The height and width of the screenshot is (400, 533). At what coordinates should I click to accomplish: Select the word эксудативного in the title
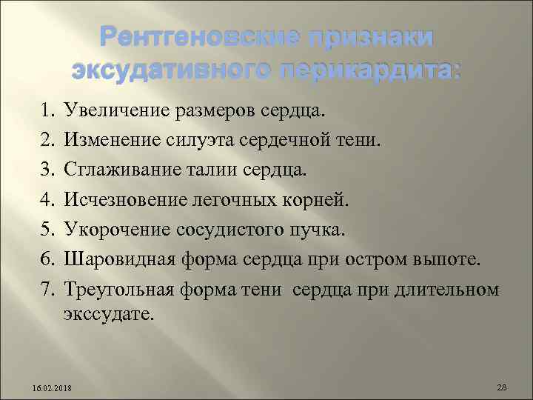pyautogui.click(x=167, y=70)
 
